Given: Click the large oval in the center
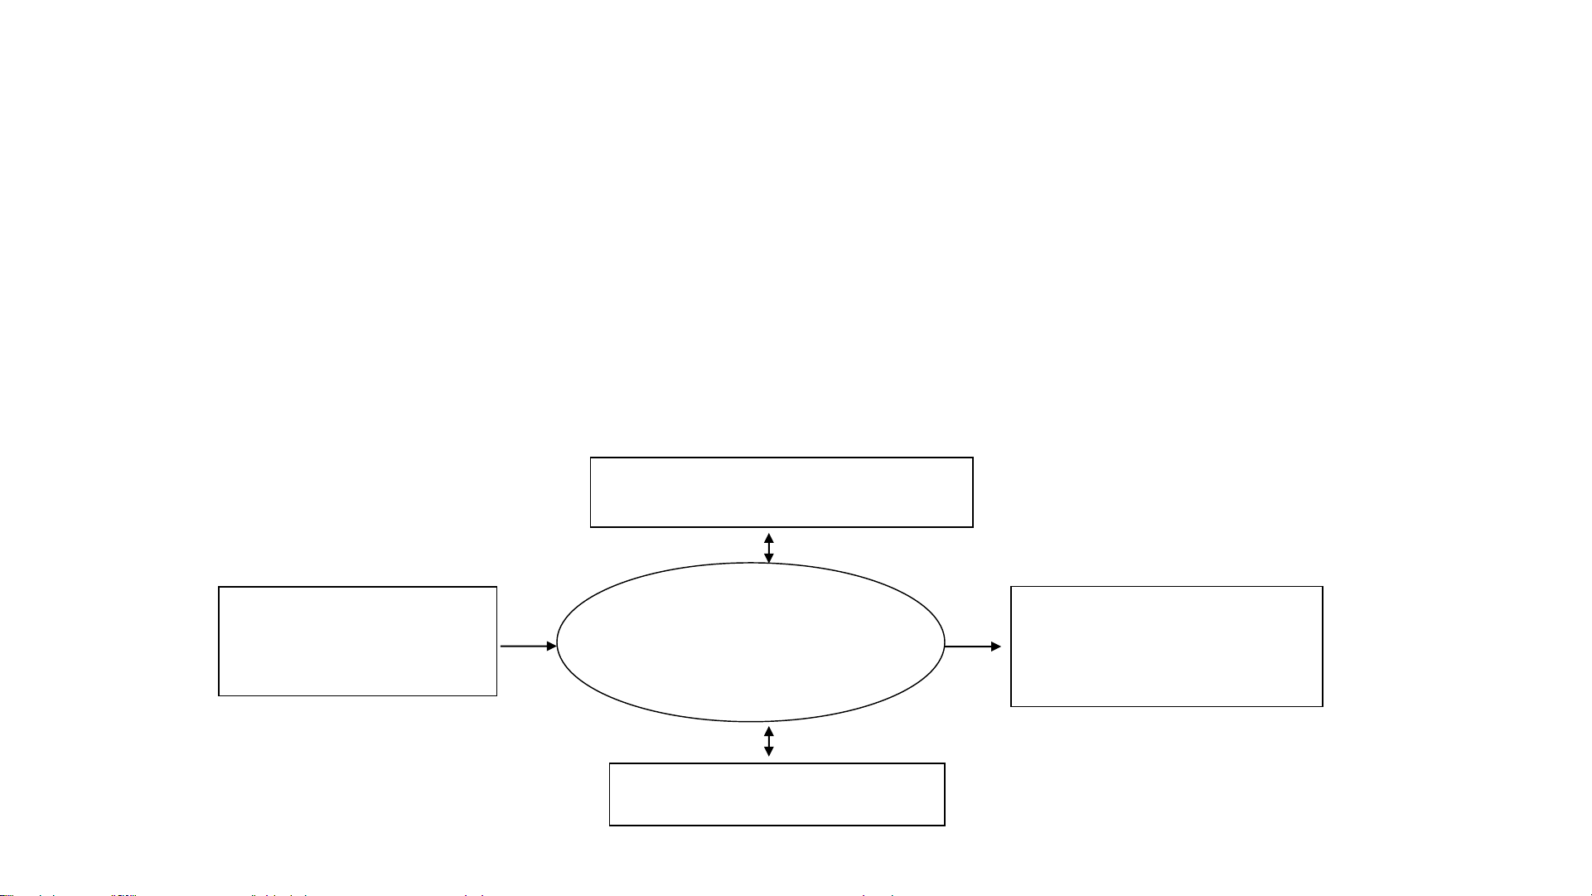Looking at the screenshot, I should click(x=750, y=642).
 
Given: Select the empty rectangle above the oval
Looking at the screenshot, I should click(x=781, y=492).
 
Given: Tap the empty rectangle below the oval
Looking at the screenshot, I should click(x=777, y=794).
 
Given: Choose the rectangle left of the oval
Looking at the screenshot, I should click(x=357, y=641).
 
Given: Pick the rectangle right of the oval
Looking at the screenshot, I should click(x=1166, y=647).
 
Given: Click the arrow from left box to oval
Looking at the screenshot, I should click(x=528, y=646).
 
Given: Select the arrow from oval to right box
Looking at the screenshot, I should click(x=972, y=647).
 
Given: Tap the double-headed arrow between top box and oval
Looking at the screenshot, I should click(x=769, y=548).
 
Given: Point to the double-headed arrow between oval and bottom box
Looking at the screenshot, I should click(x=769, y=741).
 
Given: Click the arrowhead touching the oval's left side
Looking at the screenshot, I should click(x=551, y=646).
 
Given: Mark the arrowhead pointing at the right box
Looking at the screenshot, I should click(x=996, y=647).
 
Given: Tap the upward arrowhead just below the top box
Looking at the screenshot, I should click(x=769, y=538).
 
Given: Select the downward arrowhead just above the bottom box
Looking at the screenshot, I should click(x=769, y=752).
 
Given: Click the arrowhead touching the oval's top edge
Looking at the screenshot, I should click(x=769, y=558).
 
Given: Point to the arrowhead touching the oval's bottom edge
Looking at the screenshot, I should click(x=769, y=731).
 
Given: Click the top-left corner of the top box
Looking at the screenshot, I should click(x=591, y=458).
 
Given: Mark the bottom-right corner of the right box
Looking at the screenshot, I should click(x=1322, y=706).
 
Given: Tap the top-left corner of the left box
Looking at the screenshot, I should click(x=220, y=588).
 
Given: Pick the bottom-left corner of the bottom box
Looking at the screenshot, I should click(x=610, y=825).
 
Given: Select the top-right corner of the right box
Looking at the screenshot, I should click(x=1322, y=587).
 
